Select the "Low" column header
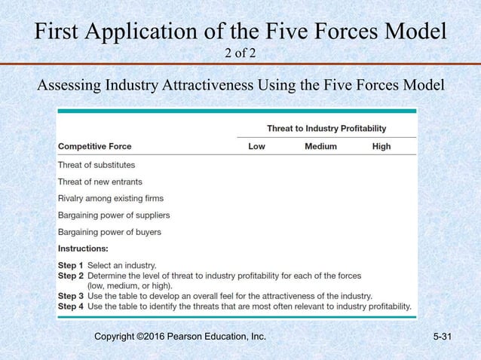point(256,146)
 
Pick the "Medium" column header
point(320,146)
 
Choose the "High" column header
point(381,146)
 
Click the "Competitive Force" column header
point(95,146)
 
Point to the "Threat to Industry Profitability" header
point(326,128)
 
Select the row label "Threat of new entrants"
point(100,182)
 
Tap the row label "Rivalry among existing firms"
point(111,198)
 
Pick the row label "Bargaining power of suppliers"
point(114,215)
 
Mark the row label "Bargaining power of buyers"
point(109,232)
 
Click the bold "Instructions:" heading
point(83,248)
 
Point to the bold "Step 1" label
point(71,265)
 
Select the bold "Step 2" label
point(71,276)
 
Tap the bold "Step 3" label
point(71,296)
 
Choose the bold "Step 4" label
point(71,307)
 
